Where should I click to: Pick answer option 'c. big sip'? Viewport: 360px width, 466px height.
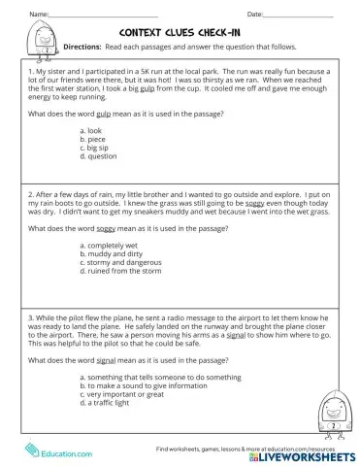[x=99, y=147]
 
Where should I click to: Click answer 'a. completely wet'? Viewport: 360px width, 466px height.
[x=112, y=247]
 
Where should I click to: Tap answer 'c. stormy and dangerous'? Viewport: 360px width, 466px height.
[x=122, y=263]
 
